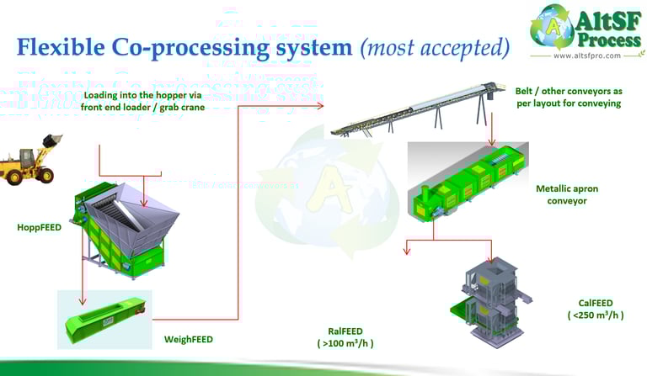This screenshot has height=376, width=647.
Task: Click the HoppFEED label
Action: [40, 227]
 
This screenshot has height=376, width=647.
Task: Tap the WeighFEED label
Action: [188, 340]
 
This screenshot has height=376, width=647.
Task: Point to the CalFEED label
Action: [590, 303]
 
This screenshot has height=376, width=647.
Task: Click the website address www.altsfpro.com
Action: [586, 56]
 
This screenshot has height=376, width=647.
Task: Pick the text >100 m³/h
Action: [345, 343]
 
